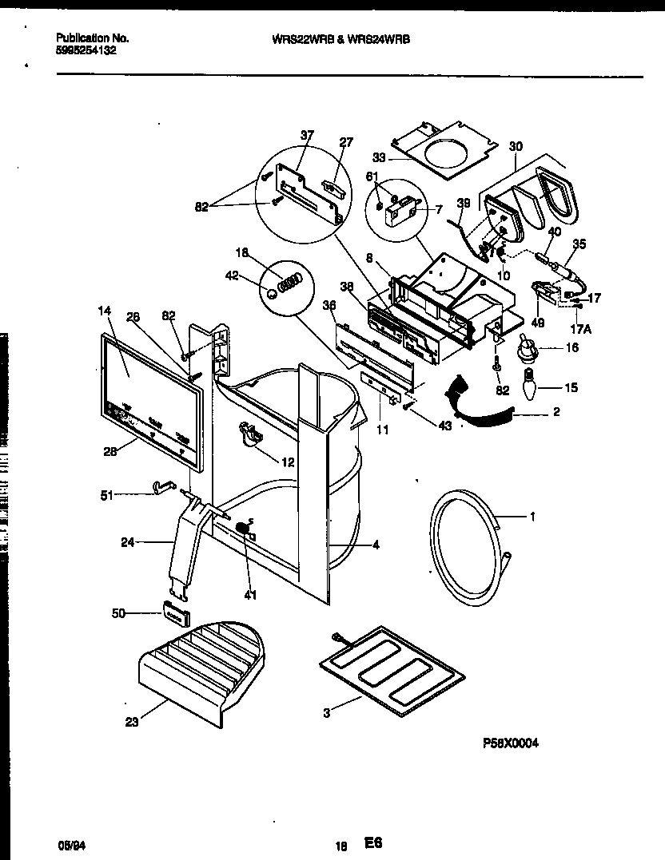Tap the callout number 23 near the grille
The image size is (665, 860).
(132, 723)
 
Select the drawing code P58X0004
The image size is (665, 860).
(511, 743)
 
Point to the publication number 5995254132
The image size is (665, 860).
(86, 49)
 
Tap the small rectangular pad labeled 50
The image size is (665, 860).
(177, 612)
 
